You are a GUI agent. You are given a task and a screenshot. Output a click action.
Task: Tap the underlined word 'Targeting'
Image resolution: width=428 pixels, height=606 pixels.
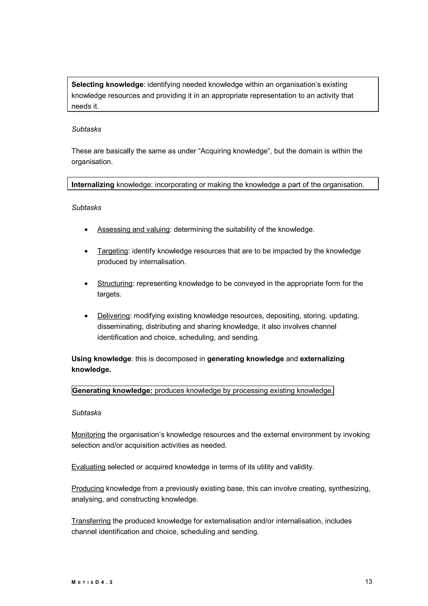pyautogui.click(x=113, y=251)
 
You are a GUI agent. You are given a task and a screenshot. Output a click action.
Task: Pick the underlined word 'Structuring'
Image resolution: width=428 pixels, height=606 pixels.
pyautogui.click(x=115, y=284)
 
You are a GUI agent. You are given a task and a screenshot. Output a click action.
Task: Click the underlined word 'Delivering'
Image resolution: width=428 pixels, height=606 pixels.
pyautogui.click(x=114, y=316)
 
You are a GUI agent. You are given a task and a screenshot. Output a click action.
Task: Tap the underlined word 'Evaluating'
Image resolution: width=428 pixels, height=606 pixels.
pyautogui.click(x=88, y=467)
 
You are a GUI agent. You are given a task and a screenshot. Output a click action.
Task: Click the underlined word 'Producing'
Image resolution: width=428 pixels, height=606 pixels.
pyautogui.click(x=88, y=488)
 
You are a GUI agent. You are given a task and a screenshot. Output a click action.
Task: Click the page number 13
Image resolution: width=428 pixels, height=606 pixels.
pyautogui.click(x=368, y=582)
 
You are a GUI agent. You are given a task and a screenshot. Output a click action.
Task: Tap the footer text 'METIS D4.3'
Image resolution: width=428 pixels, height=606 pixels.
pyautogui.click(x=92, y=582)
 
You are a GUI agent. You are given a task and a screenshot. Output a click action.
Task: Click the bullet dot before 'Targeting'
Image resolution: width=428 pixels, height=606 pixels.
pyautogui.click(x=86, y=252)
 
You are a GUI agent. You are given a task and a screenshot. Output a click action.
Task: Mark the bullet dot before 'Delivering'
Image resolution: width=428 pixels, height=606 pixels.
pyautogui.click(x=86, y=316)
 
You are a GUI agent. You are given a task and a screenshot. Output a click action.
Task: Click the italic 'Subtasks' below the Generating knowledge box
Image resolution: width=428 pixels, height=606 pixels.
pyautogui.click(x=86, y=413)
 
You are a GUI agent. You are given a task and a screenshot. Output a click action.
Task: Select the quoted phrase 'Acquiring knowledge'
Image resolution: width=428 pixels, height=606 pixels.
pyautogui.click(x=234, y=151)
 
